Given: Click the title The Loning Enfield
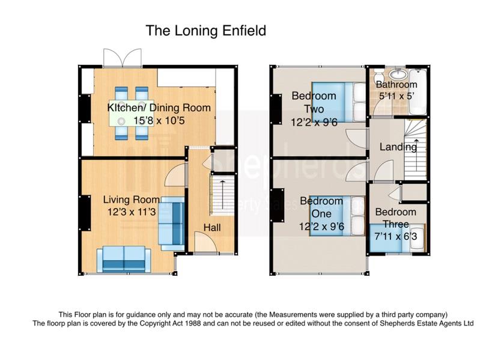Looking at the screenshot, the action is [206, 31].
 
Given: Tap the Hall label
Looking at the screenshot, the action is [212, 228].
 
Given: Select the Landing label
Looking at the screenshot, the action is [398, 147].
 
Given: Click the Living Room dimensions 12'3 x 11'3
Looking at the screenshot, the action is [132, 212].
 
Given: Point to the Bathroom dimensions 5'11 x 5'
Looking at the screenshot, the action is [396, 96].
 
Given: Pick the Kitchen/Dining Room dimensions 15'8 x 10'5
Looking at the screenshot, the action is [159, 121].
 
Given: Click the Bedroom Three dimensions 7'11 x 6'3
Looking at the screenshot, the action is [396, 236].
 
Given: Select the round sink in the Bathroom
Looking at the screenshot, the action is [398, 75].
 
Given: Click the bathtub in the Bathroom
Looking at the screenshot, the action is [418, 91].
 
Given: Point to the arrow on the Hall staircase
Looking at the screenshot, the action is [223, 195].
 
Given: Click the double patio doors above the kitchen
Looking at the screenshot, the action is [123, 58].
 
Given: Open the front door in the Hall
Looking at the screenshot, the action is [206, 242].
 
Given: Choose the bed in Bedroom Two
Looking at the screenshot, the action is [339, 102].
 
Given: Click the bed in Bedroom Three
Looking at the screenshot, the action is [397, 237].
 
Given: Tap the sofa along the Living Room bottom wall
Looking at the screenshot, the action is [124, 259].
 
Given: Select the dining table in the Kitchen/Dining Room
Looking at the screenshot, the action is [132, 114].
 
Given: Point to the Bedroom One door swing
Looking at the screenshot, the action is [356, 171].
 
